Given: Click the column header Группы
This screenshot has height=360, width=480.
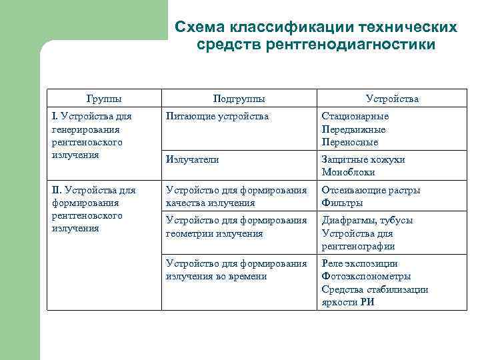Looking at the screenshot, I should (103, 99).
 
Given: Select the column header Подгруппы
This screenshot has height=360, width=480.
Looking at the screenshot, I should (239, 99).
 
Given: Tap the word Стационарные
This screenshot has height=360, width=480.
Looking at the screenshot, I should (355, 116).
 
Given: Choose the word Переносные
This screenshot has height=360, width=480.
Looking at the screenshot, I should (349, 142).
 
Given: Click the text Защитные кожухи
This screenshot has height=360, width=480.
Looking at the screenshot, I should (363, 159).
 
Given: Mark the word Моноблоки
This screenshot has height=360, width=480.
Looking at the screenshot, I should (346, 173).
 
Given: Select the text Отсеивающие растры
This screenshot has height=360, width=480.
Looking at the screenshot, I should (371, 190).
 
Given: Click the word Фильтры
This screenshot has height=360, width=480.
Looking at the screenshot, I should (342, 203).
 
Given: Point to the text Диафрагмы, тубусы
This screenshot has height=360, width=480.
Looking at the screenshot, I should (367, 220).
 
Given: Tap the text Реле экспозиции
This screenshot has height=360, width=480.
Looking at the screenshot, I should (359, 263).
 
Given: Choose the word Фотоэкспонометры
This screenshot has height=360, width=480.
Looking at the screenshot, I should (366, 276).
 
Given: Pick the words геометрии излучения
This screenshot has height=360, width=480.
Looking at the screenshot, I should (214, 233).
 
